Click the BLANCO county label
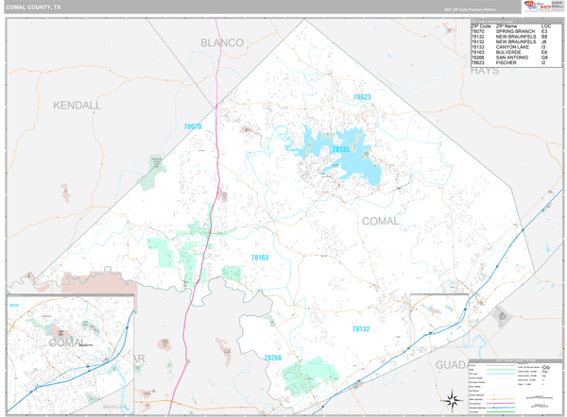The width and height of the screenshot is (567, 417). [x=222, y=42]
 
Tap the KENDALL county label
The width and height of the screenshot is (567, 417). [x=77, y=105]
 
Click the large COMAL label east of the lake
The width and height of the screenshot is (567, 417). [x=380, y=220]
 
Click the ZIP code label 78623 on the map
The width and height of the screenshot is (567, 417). [x=362, y=97]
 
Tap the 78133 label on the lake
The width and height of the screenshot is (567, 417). [x=340, y=149]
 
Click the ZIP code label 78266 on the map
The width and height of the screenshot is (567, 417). [x=272, y=358]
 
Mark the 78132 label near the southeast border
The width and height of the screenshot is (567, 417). [x=361, y=328]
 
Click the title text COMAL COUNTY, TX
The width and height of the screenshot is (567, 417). [x=36, y=8]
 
